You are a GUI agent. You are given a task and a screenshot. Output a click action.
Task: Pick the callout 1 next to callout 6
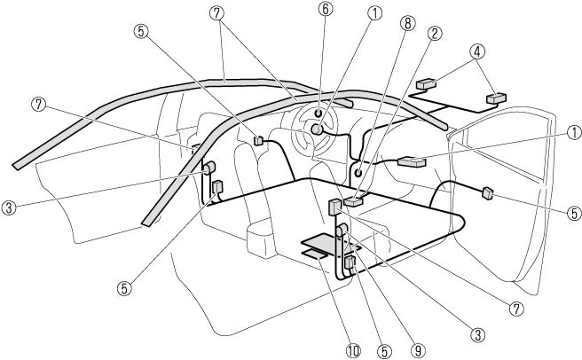tap(376, 13)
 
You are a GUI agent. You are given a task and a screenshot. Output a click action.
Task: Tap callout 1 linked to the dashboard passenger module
tap(575, 132)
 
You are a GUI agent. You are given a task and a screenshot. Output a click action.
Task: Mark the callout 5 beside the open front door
tap(574, 213)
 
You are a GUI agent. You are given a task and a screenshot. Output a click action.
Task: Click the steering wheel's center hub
tap(316, 129)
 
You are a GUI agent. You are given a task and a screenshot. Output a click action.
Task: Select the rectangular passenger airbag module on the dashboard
tap(413, 161)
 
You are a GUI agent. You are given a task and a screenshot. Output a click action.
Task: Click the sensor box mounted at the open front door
tap(487, 192)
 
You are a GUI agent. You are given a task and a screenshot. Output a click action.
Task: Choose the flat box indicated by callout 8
tap(354, 202)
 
